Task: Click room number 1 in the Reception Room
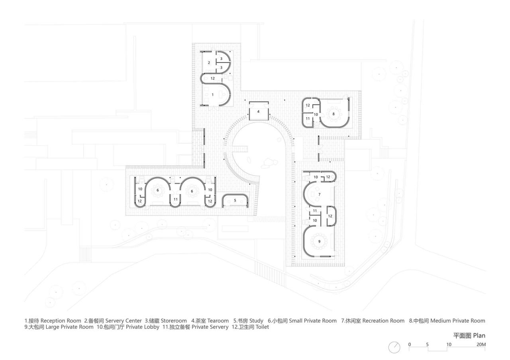point(212,95)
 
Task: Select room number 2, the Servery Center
point(209,63)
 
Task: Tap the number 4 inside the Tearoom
point(258,112)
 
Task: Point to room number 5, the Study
point(235,200)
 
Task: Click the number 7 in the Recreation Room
point(319,194)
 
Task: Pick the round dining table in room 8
point(334,114)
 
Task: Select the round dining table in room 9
point(319,241)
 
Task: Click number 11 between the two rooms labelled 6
point(175,199)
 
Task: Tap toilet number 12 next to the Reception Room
point(213,78)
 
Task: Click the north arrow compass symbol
point(394,347)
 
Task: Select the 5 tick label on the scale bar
point(428,344)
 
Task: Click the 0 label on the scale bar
point(409,344)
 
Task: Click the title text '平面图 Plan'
point(469,336)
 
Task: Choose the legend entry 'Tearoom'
point(218,321)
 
